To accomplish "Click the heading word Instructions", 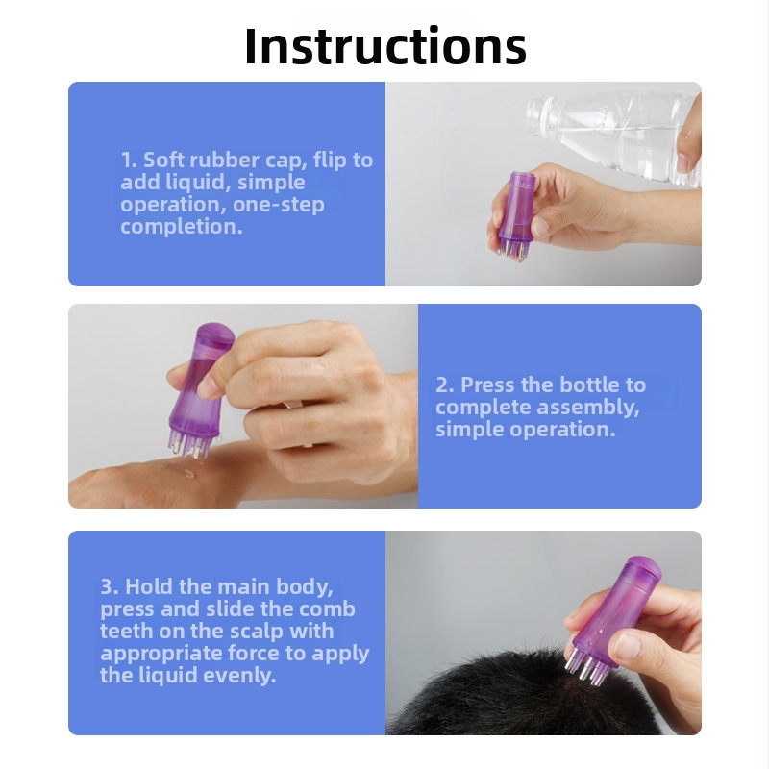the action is tap(385, 45).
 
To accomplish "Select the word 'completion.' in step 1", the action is tap(182, 227).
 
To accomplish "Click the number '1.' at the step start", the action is tap(129, 161).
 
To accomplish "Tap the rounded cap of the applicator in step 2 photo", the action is tap(215, 335).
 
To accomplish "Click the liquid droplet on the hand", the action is tap(188, 473).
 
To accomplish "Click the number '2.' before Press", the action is tap(445, 385).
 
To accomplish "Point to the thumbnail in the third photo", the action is tap(629, 646).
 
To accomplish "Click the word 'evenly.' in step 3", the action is tap(239, 676).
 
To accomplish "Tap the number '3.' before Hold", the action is tap(110, 586).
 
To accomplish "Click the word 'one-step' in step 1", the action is tap(279, 205).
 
